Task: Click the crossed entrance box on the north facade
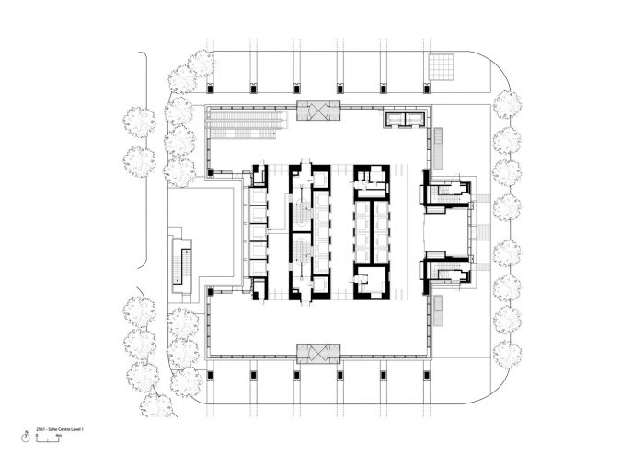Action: pos(317,113)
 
